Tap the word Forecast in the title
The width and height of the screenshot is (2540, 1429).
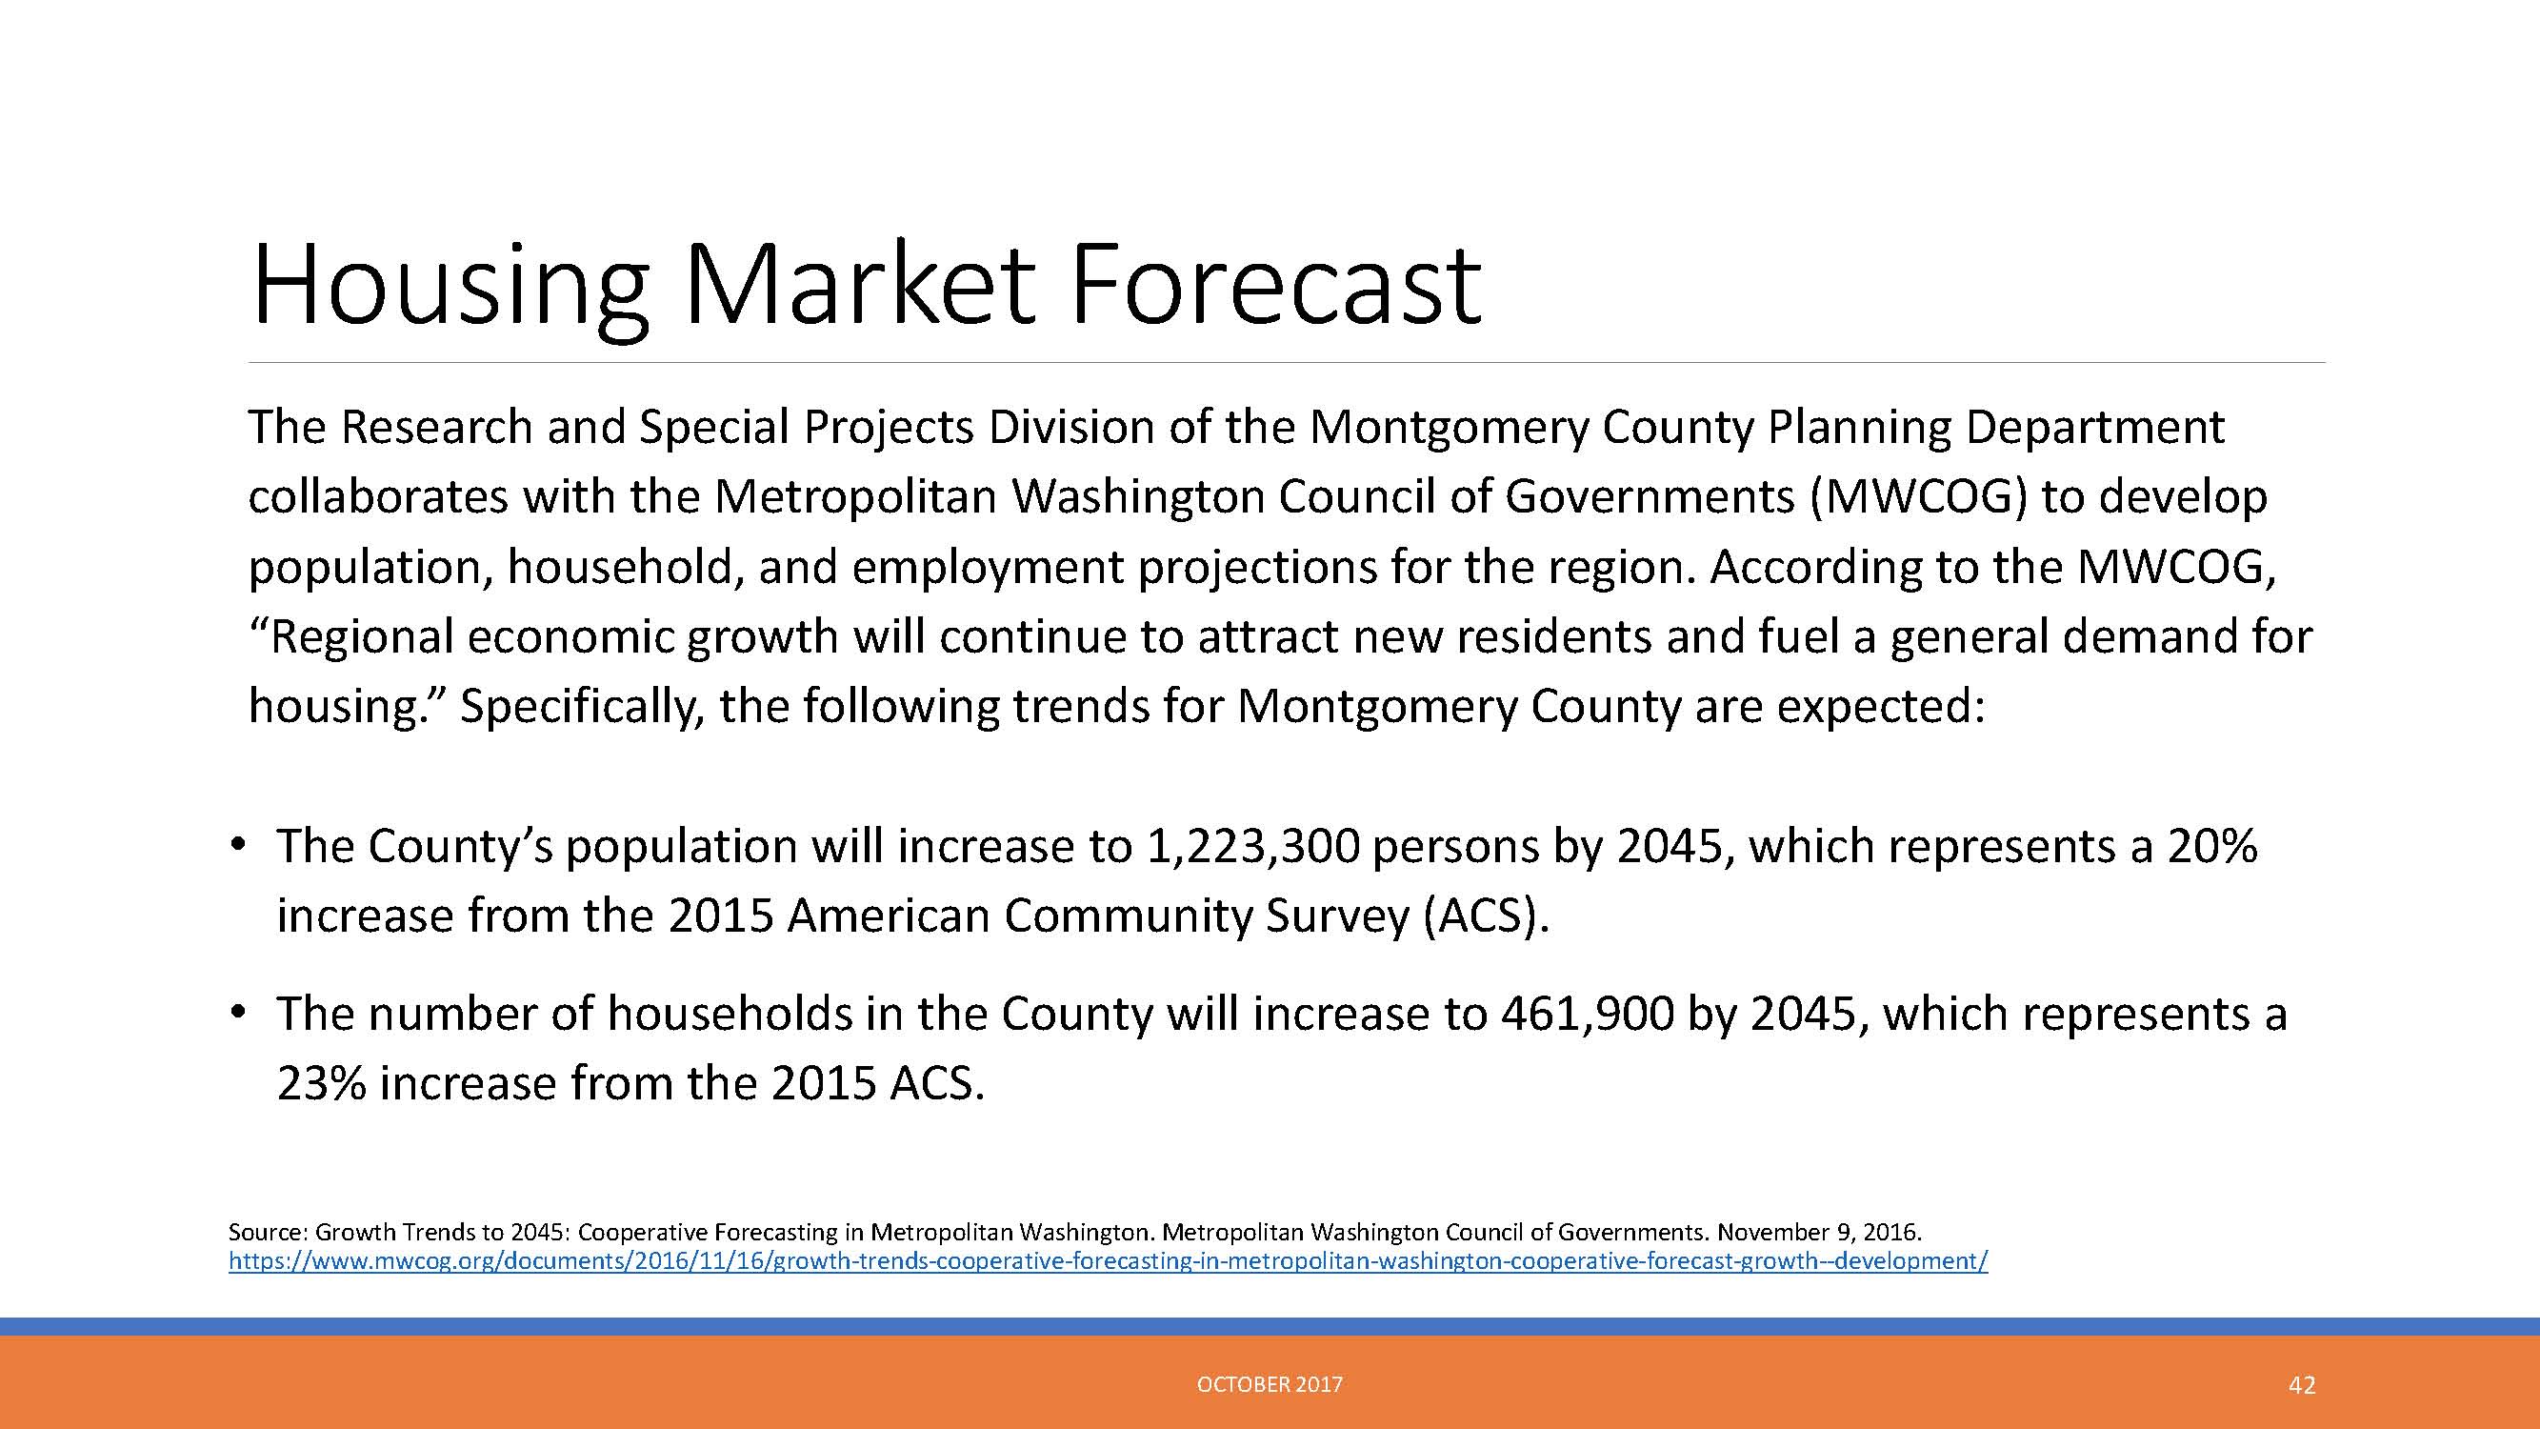1275,285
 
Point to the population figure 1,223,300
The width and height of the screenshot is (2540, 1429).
1251,847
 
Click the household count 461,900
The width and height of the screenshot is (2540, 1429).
1587,1015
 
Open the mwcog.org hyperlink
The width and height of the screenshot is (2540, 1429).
1109,1261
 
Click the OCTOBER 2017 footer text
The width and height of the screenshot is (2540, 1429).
1270,1384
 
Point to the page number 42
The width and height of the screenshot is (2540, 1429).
2301,1385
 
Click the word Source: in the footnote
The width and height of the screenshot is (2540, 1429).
270,1232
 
